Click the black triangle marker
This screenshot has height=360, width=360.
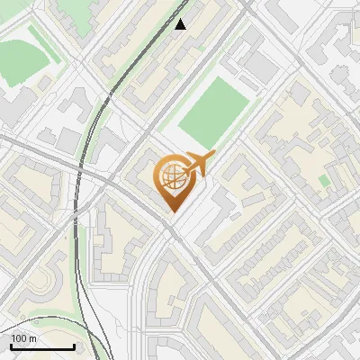(x=181, y=24)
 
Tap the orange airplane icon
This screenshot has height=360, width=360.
(x=199, y=164)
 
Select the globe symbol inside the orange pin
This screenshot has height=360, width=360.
(x=171, y=177)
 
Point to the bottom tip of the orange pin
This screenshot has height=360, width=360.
(x=171, y=211)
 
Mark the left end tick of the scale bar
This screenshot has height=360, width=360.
(x=12, y=346)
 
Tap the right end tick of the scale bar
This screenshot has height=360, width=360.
(x=74, y=346)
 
